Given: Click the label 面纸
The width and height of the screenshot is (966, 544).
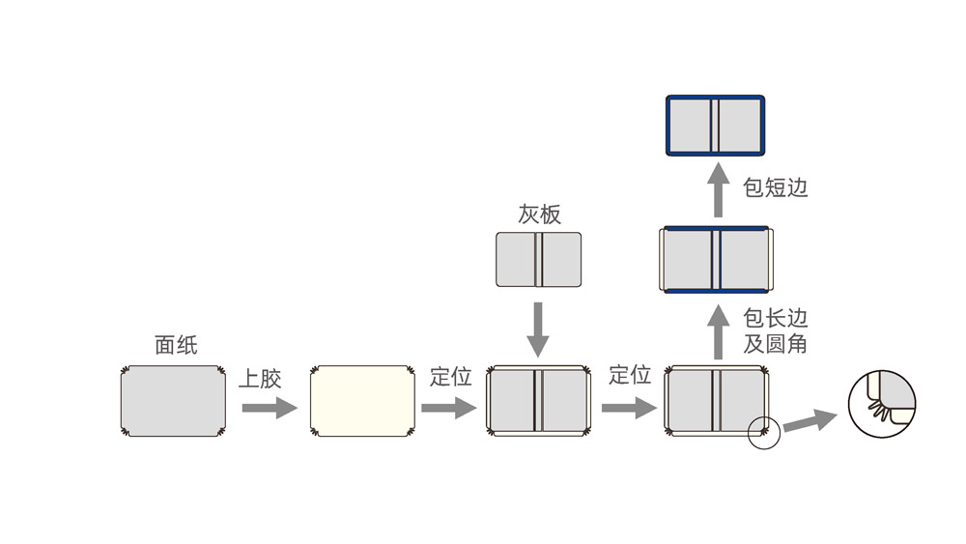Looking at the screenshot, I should point(176,345).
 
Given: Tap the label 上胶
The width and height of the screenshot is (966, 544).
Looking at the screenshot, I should point(260,378).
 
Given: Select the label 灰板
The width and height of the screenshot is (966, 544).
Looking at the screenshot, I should point(539,214).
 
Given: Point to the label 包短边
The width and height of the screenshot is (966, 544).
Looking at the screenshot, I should point(775,187).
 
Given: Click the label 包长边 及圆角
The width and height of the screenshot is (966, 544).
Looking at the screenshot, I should point(775,330).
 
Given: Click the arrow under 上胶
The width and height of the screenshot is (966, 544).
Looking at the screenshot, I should point(269,408).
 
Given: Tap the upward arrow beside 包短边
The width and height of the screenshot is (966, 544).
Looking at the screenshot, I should point(718,189).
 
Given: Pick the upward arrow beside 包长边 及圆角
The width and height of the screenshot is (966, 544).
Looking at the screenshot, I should point(718,331).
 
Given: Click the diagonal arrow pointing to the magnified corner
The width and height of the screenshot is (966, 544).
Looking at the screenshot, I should point(810,421).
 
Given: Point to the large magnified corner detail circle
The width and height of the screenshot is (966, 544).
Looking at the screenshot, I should point(881,404).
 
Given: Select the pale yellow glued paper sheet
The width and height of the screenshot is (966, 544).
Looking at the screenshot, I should point(362,401).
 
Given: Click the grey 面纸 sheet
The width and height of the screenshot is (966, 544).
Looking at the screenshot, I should point(173,401).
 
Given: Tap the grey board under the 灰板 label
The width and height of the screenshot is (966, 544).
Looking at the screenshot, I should point(538,259).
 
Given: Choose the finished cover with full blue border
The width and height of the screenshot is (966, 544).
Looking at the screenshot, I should point(715,125).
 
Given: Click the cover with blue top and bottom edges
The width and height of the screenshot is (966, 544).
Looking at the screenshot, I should point(715,259).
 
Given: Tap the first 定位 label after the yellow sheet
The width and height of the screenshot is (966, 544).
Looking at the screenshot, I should point(450,376).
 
